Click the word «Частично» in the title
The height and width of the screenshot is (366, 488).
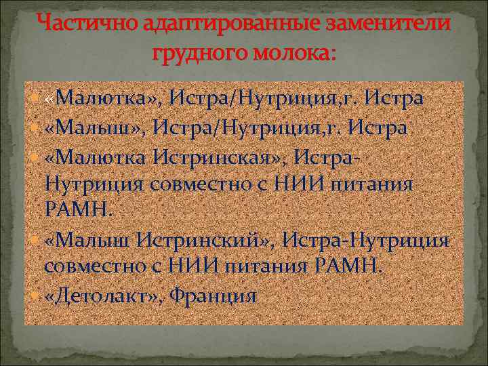coord(77,24)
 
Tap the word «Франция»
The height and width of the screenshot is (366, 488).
coord(213,296)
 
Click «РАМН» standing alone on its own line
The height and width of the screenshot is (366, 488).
coord(73,211)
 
